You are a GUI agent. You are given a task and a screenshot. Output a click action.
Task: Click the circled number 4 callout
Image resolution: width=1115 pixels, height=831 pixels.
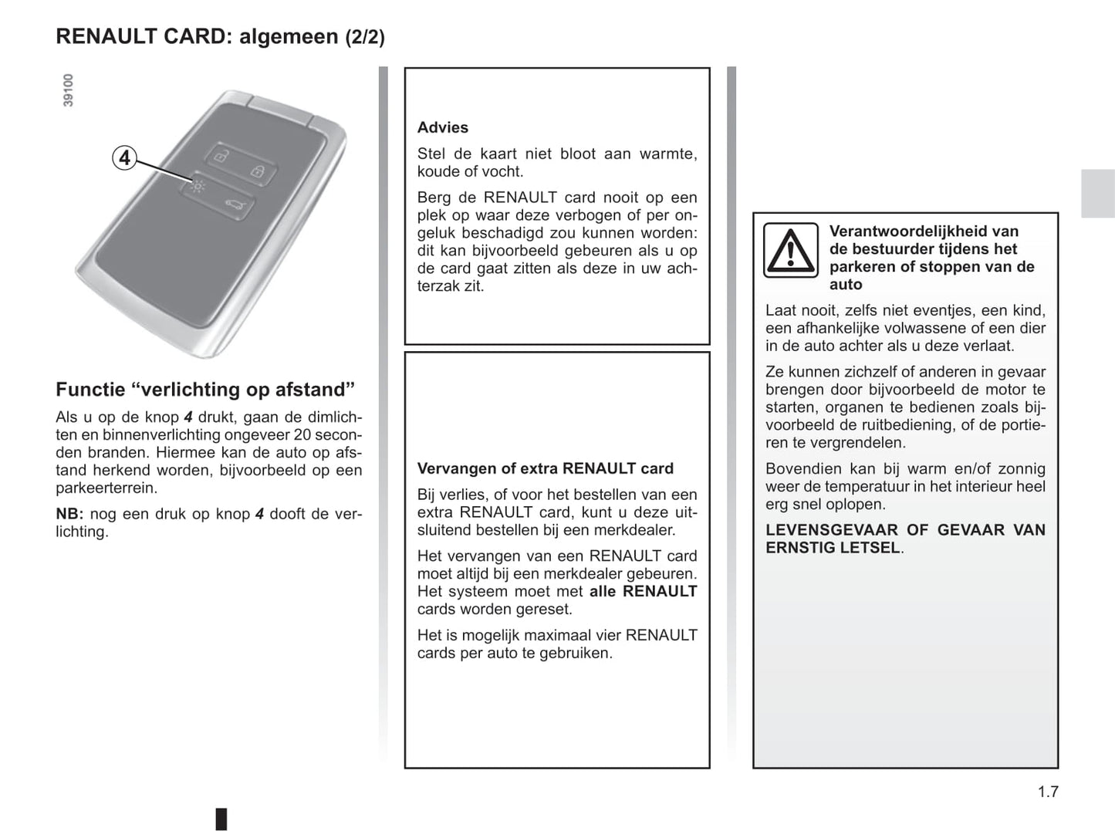(x=124, y=158)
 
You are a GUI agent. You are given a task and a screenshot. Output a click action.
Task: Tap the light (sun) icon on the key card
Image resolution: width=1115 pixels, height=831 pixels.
(x=198, y=186)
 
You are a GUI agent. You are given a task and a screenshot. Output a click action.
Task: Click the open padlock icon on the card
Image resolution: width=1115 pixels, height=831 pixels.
(x=221, y=157)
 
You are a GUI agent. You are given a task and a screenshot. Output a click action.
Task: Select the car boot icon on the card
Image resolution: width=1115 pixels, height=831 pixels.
(x=235, y=204)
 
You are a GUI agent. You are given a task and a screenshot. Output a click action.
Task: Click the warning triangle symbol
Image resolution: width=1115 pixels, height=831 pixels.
(x=790, y=250)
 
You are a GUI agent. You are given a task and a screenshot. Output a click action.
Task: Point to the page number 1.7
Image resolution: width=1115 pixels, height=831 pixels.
(x=1047, y=792)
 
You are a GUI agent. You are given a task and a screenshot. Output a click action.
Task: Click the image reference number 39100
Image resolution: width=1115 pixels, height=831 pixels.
(x=69, y=90)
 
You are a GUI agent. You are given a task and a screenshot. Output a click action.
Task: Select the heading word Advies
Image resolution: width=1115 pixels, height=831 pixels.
(x=442, y=128)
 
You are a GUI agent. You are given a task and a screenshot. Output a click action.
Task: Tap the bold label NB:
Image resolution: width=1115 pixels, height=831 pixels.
(x=69, y=514)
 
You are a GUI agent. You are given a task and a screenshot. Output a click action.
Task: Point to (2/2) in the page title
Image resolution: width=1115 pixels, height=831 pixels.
(x=364, y=37)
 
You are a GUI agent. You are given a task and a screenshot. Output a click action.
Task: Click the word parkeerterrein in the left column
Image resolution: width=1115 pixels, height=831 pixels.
(x=106, y=488)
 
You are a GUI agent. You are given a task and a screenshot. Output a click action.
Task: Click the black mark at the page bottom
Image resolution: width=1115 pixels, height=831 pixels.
(x=221, y=818)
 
